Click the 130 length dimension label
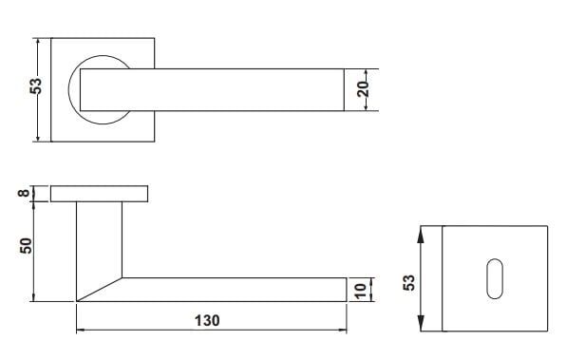tap(207, 321)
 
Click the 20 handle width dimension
tap(363, 89)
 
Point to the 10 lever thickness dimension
tap(361, 291)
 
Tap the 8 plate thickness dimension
tap(24, 193)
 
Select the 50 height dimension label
tap(26, 246)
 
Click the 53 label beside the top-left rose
tap(36, 85)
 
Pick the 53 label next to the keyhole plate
tap(409, 283)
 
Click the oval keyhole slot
tap(495, 278)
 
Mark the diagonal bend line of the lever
tap(100, 289)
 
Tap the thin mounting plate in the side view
tap(100, 194)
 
